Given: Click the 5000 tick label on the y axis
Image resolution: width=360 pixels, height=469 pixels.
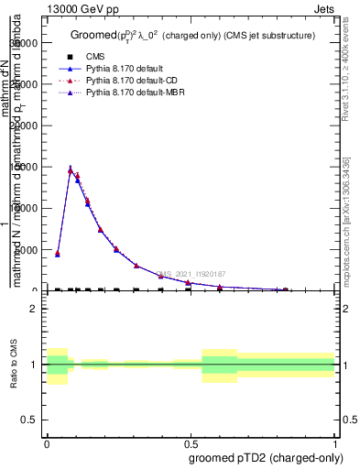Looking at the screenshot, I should pos(27,249).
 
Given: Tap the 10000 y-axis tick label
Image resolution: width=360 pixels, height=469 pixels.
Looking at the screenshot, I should pos(25,208).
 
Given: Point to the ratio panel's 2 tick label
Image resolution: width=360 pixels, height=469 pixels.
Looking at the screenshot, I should pos(34,309).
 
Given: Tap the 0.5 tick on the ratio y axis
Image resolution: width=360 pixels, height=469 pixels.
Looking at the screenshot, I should pos(30,420).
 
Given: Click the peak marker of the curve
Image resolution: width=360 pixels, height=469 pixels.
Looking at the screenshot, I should pos(71,170).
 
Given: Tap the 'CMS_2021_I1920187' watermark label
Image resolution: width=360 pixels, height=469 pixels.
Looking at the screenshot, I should pos(191,273).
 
